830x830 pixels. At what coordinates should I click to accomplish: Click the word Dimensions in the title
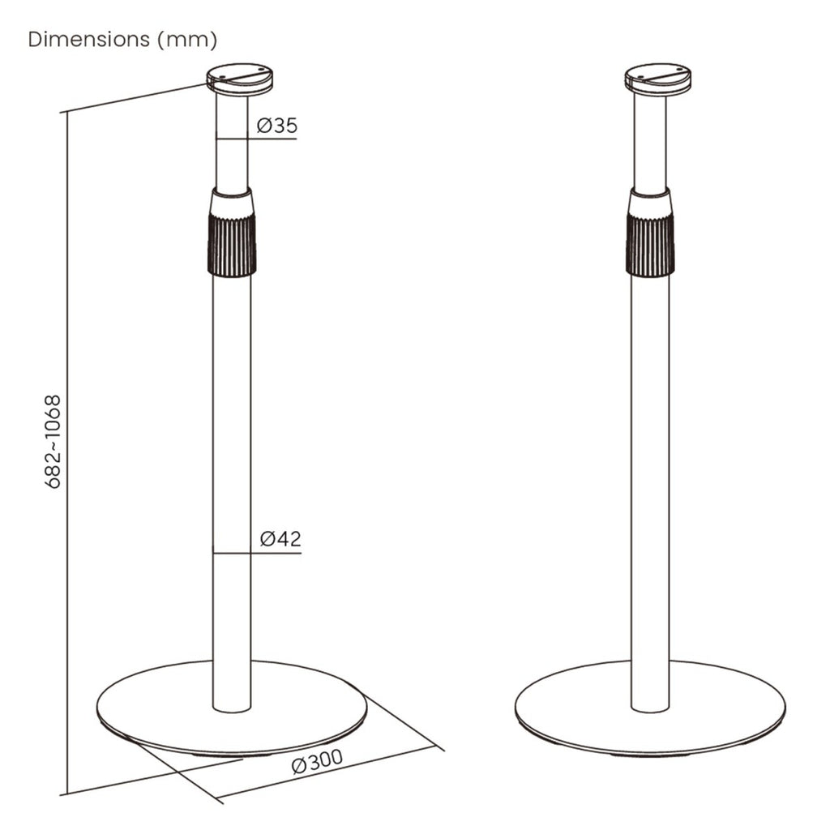[x=89, y=39]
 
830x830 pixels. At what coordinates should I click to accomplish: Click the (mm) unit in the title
[x=187, y=40]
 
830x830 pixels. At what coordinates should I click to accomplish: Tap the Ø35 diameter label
[x=277, y=126]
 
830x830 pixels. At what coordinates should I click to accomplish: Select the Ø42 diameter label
[x=280, y=539]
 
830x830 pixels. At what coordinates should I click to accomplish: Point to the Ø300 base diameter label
[x=318, y=762]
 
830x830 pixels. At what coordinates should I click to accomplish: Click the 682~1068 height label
[x=54, y=442]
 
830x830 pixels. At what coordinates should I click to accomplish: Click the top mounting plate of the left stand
[x=239, y=79]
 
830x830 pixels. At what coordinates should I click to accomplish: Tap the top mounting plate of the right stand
[x=657, y=79]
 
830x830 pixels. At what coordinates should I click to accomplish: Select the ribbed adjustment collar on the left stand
[x=232, y=232]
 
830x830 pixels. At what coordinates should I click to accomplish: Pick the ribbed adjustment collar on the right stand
[x=650, y=232]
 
